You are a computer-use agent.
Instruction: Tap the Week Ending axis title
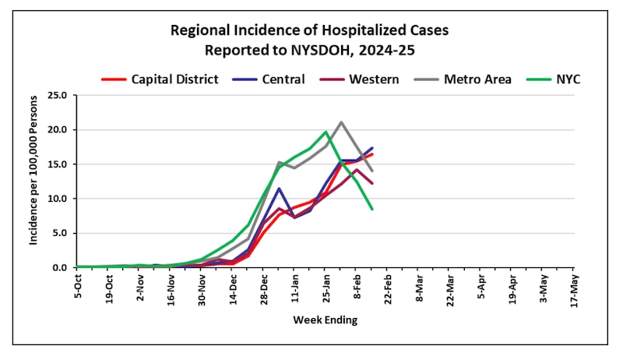pyautogui.click(x=325, y=320)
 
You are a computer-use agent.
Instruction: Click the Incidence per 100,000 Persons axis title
pyautogui.click(x=33, y=182)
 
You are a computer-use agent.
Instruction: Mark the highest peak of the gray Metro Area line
pyautogui.click(x=341, y=122)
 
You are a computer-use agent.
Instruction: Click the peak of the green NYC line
pyautogui.click(x=326, y=132)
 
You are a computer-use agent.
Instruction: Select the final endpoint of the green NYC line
pyautogui.click(x=372, y=209)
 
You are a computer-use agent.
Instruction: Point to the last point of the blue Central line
pyautogui.click(x=372, y=148)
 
